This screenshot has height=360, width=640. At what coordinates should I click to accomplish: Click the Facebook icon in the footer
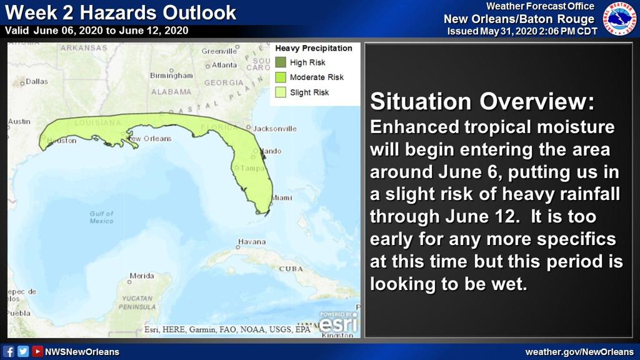pos(8,351)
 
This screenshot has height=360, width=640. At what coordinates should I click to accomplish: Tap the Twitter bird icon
pos(23,351)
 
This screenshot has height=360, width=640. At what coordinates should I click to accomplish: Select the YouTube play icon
pos(37,351)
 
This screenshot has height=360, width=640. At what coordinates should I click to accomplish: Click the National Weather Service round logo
pos(619,19)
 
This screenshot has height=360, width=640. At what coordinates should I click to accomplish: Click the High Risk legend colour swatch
pos(281,62)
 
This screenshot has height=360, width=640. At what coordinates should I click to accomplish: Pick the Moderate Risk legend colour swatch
pos(281,77)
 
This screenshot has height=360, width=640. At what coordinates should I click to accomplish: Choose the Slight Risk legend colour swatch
pos(281,92)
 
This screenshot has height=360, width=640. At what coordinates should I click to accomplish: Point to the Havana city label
pos(252,242)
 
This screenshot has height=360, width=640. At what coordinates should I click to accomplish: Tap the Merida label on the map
pos(142,276)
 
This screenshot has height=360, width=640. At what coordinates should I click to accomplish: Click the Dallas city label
pos(37,81)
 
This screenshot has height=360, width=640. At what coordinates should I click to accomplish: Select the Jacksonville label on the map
pos(275,129)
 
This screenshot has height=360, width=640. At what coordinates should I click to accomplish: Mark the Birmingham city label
pos(171,76)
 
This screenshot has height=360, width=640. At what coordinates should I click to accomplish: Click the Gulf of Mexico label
pos(102,217)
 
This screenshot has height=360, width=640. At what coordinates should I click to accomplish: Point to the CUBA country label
pos(291,269)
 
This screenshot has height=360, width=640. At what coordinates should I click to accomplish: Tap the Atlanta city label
pos(224,65)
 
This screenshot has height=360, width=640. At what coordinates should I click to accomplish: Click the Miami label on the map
pos(282,197)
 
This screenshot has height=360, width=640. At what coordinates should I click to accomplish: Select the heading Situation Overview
pos(482,101)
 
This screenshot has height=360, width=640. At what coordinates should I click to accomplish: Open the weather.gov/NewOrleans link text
pos(579,352)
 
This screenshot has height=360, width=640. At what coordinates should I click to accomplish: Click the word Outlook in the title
pos(199,12)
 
